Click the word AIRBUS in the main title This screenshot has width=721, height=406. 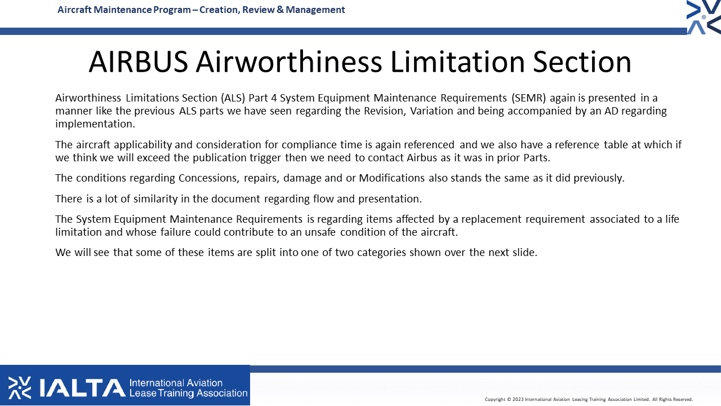point(139,62)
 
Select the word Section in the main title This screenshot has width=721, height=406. point(582,62)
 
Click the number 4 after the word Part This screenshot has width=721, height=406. point(274,98)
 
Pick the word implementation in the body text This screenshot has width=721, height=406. point(95,124)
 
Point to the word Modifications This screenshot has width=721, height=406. point(391,178)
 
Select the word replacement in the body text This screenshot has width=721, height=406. point(491,219)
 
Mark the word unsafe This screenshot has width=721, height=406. point(321,232)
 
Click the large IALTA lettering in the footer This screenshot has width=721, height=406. point(83,387)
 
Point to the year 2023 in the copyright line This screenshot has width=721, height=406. point(518,400)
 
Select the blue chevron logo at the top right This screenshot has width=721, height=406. point(704,17)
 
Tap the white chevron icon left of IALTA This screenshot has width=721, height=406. point(20,387)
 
